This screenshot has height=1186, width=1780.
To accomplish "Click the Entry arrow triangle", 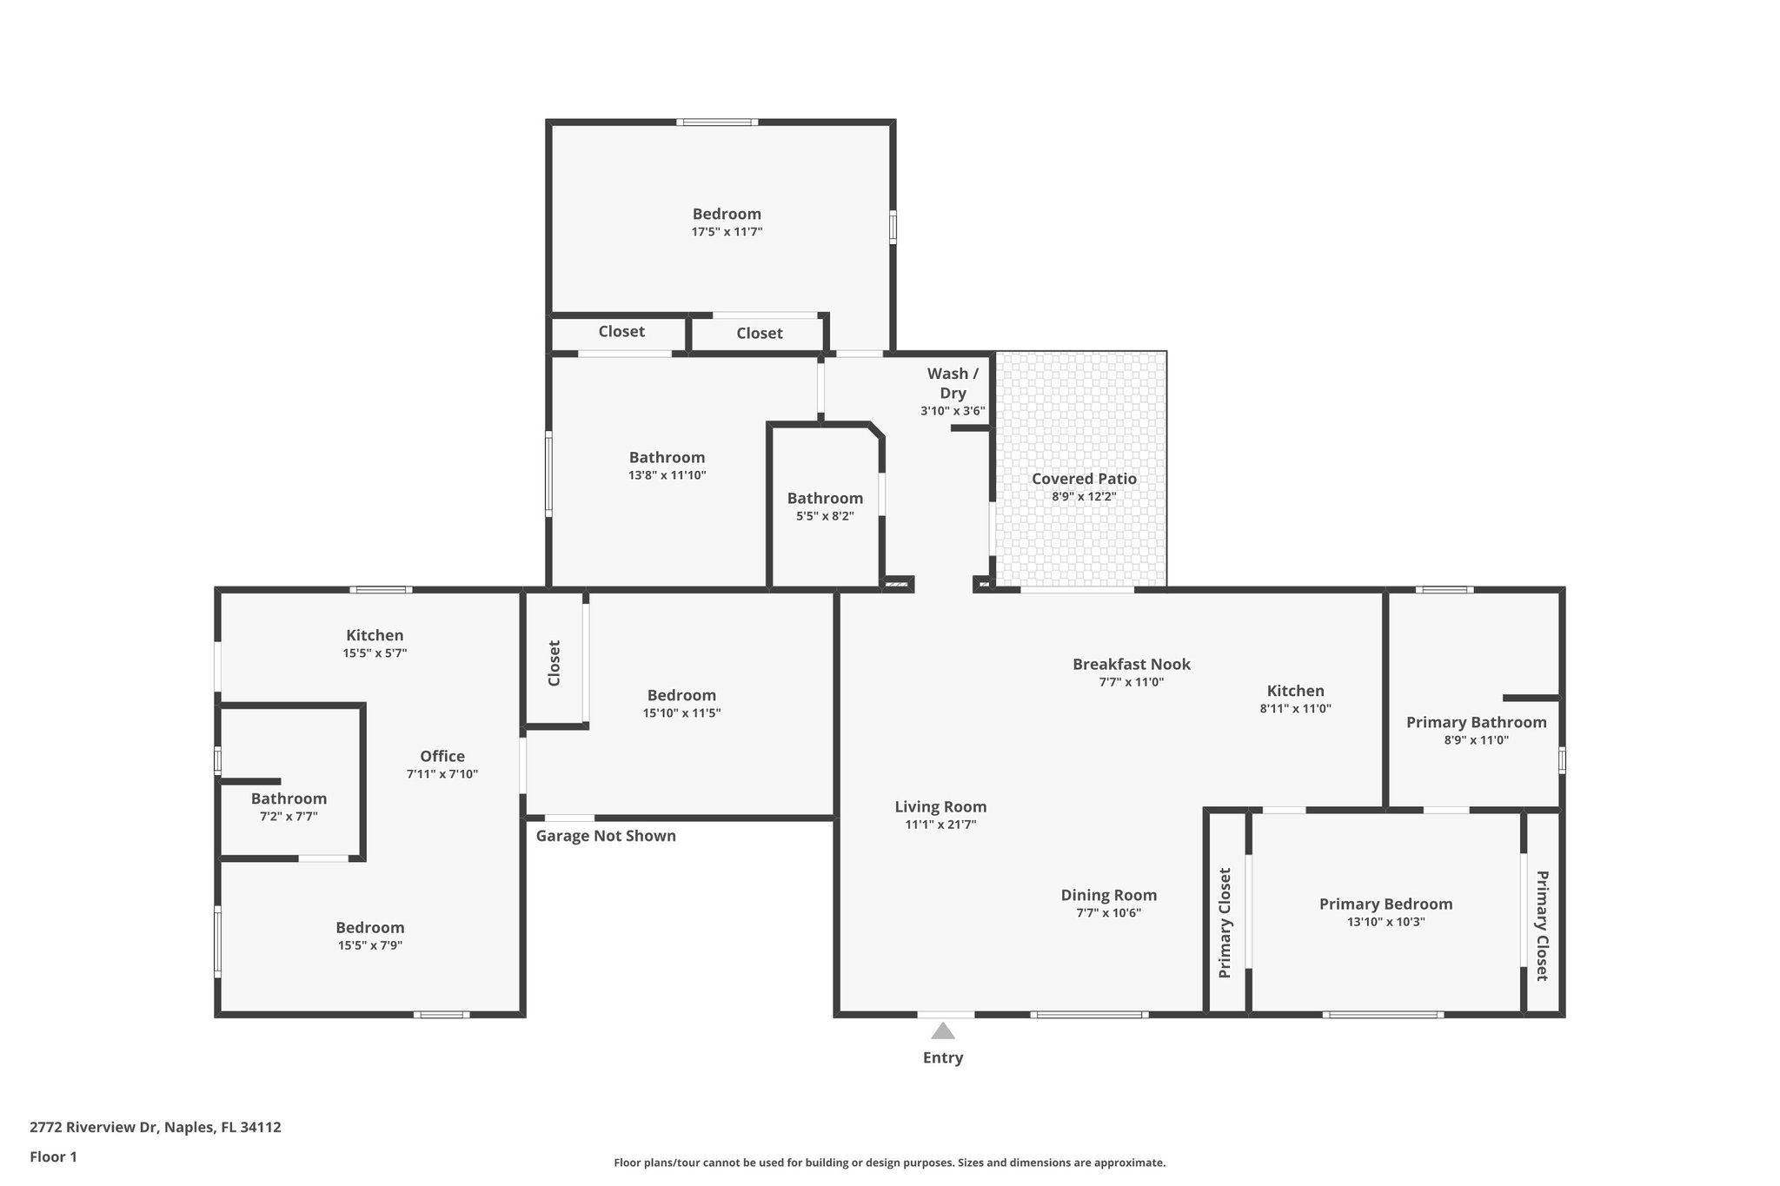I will click(943, 1031).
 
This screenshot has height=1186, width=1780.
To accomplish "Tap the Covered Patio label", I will click(1084, 479).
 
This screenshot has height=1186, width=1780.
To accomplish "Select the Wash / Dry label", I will click(953, 383).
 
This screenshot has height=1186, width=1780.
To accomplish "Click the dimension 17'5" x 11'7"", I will click(727, 232).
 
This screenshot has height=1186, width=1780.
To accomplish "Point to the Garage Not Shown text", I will click(606, 836).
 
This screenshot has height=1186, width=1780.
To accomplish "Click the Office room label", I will click(442, 756).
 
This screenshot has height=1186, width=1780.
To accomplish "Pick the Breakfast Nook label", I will click(1131, 664).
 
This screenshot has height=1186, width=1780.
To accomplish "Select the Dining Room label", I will click(1108, 895).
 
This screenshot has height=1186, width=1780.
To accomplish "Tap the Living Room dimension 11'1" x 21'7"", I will click(940, 825).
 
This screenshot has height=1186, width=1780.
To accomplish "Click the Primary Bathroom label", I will click(1476, 722).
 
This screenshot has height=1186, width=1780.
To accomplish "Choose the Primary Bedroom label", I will click(1385, 904).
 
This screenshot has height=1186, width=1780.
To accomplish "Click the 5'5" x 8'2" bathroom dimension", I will click(825, 516).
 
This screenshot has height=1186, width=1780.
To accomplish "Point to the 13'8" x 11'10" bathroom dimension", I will click(667, 475).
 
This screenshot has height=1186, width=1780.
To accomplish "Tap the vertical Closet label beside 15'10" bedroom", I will click(555, 663).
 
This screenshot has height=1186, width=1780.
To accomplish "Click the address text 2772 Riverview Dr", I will click(156, 1127).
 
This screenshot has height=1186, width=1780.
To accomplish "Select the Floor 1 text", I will click(53, 1156).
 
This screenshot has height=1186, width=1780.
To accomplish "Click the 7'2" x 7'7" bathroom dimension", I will click(289, 817).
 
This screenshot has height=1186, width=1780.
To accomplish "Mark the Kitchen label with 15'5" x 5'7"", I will click(375, 635).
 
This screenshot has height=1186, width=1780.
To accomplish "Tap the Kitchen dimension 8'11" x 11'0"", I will click(1295, 708).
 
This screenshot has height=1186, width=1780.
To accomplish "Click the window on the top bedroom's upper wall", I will click(717, 123).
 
